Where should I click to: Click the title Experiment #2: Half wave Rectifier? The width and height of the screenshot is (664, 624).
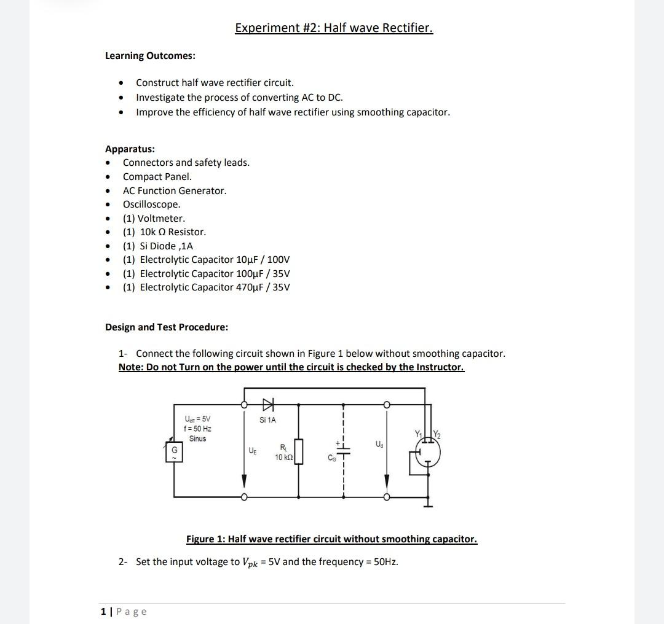(334, 28)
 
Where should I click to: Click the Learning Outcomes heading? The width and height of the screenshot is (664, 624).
(150, 56)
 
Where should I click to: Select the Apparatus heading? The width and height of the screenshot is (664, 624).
(130, 149)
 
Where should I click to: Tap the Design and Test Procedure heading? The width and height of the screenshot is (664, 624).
(167, 327)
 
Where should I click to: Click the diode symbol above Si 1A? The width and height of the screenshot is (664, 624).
(267, 404)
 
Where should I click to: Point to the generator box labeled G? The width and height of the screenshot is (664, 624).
(174, 454)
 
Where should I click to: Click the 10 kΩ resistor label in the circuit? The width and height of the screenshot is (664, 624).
(283, 458)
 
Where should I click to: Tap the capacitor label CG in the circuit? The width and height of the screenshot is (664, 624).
(333, 458)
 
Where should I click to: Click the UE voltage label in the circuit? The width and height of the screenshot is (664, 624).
(252, 451)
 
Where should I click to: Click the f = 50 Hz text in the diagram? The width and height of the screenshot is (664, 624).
(197, 428)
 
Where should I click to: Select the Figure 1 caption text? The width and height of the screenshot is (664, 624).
(331, 539)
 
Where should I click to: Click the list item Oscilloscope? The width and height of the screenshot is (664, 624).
(151, 205)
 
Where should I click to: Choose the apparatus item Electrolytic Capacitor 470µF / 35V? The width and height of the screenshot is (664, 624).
(206, 287)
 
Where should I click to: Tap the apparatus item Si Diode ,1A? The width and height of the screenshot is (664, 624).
(157, 246)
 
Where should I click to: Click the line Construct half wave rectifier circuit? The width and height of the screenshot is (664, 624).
(215, 82)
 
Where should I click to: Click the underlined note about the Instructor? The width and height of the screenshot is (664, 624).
(291, 367)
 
